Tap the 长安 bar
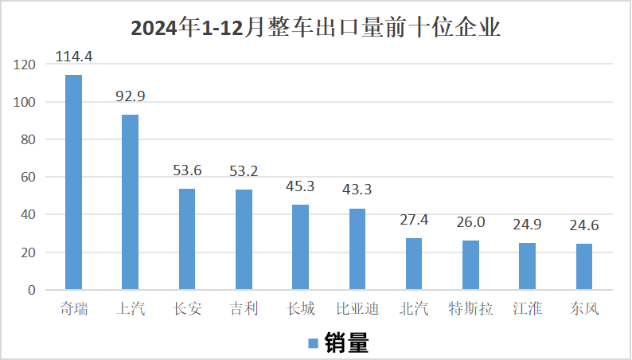coord(186,238)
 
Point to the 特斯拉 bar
coord(470,264)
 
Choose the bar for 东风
coord(584,266)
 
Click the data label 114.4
coord(73,57)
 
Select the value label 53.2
coord(243,171)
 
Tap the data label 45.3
coord(300,187)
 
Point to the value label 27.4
coord(414,221)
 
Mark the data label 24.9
coord(527,225)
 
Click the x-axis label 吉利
coord(243,308)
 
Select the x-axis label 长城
coord(300,308)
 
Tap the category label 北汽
coord(414,308)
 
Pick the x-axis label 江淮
coord(527,308)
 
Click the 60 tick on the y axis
coord(29,178)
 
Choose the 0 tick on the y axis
coord(32,290)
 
